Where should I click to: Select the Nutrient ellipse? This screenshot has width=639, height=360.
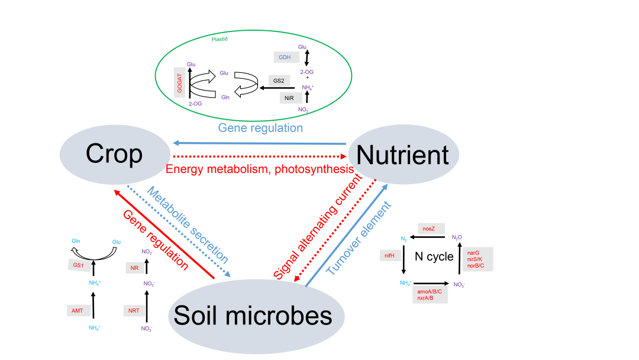tap(403, 155)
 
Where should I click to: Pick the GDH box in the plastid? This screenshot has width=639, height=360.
tap(285, 57)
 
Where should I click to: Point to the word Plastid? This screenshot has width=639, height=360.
tap(220, 39)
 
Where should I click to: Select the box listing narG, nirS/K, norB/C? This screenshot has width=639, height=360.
tap(478, 259)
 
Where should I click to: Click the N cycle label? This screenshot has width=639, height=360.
tap(434, 256)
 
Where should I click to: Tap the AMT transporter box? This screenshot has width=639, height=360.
tap(78, 310)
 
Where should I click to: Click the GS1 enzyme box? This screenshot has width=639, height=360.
tap(78, 265)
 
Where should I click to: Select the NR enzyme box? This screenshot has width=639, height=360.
tap(134, 268)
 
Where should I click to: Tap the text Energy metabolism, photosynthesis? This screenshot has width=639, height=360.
tap(259, 169)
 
